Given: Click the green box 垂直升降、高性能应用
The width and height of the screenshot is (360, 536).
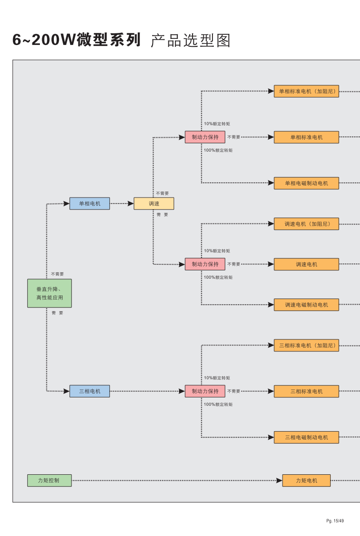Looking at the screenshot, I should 50,293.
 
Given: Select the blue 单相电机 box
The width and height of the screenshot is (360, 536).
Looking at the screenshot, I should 90,204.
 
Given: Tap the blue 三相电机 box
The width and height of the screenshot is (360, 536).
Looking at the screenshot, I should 90,391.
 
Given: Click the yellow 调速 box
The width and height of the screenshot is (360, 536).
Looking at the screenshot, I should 154,204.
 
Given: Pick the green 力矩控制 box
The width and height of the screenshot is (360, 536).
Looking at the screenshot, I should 49,481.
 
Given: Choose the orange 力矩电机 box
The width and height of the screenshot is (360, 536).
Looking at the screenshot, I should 307,481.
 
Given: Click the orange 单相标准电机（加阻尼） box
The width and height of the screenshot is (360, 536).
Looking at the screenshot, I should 306,91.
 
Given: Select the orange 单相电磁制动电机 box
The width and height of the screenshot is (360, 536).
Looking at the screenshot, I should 306,183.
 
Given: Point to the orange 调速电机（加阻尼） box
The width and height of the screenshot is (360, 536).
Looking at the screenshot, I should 306,224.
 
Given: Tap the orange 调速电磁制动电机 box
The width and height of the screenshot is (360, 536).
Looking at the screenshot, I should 306,305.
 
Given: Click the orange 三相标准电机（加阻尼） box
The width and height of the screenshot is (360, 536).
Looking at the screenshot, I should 306,345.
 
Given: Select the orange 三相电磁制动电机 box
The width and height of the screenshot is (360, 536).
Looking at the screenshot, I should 306,437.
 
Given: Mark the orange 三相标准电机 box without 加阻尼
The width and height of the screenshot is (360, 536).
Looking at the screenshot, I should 306,391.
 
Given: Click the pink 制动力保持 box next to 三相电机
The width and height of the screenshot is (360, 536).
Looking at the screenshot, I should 205,391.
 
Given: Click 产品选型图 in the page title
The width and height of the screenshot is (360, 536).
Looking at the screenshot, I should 191,41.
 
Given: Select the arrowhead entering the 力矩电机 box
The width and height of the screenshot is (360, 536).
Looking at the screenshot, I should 279,481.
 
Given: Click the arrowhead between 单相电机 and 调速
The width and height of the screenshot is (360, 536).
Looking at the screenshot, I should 130,204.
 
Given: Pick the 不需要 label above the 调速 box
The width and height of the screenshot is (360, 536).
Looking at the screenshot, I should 162,193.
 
